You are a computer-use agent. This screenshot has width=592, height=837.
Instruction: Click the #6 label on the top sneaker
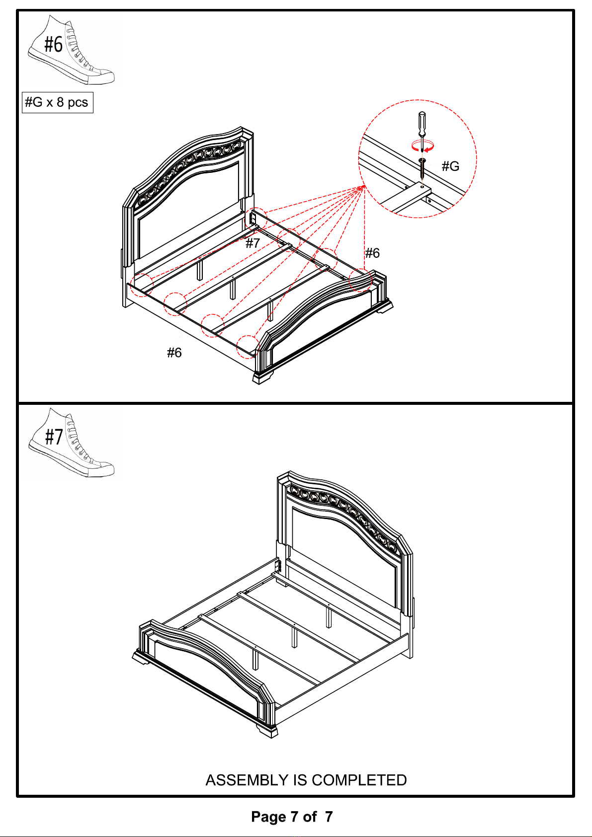pos(54,44)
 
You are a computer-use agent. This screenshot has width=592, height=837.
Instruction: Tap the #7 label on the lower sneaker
pos(54,437)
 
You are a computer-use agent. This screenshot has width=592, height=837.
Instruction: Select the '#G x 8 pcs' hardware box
pos(58,102)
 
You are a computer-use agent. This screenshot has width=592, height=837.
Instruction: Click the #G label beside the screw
pos(450,166)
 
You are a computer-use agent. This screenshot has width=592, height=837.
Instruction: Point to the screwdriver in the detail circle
pos(422,129)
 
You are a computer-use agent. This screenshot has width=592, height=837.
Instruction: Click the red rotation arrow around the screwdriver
pos(423,146)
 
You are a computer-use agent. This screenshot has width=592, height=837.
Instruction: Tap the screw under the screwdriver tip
pos(423,170)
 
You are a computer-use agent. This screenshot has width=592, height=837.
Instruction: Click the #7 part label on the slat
pos(253,243)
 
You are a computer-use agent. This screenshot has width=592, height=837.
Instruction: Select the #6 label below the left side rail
pos(174,352)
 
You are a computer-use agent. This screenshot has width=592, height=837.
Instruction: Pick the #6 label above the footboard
pos(372,253)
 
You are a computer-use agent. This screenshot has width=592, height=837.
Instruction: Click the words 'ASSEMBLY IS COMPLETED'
pos(306,780)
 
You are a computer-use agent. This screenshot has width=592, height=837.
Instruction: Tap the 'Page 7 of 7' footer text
pos(292,817)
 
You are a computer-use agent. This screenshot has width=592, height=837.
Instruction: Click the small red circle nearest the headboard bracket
pos(256,219)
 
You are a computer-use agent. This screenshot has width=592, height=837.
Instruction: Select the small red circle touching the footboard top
pos(360,280)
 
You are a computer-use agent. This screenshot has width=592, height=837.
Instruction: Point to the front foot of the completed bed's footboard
pos(267,730)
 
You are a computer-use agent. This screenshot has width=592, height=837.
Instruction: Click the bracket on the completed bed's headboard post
pos(277,566)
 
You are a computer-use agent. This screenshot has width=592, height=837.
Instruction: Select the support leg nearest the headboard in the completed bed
pos(329,617)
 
